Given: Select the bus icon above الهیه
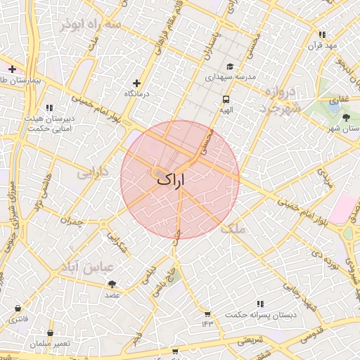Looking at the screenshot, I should [226, 99].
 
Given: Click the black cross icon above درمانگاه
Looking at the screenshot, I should [136, 83].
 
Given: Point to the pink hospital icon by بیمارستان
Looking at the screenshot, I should [12, 69].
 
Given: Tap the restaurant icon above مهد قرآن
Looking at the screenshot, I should [322, 34].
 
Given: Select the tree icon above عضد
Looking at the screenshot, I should [113, 283].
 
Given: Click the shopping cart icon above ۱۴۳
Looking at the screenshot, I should [207, 314].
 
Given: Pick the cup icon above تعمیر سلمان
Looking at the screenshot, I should [50, 333].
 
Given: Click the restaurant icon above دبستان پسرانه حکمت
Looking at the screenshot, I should [260, 304].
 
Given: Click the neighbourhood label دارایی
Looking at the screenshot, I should [94, 172].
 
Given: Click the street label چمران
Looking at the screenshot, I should [71, 221].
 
